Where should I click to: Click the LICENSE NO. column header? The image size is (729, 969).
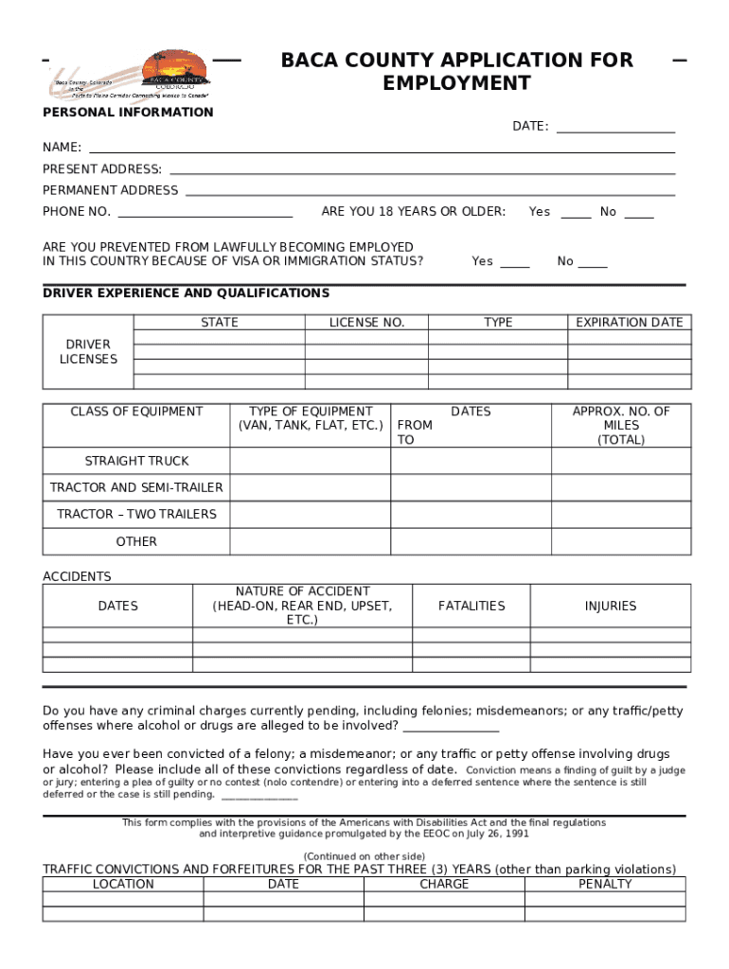click(366, 323)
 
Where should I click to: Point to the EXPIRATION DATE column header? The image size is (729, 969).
click(629, 323)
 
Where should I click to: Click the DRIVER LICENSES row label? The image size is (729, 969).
click(88, 351)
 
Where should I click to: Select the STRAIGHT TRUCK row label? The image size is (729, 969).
click(136, 461)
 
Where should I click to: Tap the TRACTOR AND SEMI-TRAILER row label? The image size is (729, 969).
click(136, 487)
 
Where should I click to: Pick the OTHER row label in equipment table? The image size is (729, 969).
click(136, 541)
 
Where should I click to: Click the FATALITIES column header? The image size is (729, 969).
click(471, 606)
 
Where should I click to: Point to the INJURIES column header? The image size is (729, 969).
click(611, 606)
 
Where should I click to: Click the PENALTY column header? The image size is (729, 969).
click(605, 884)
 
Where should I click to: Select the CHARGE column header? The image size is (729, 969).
click(444, 884)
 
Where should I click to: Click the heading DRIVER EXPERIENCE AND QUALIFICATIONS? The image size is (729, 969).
click(187, 293)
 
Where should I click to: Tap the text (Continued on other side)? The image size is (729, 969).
click(364, 855)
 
